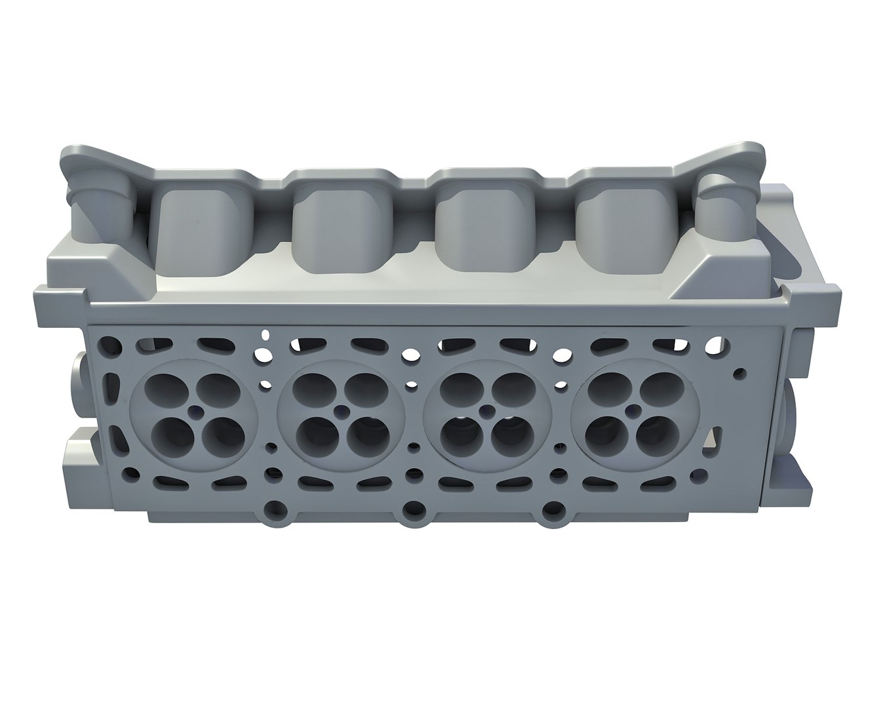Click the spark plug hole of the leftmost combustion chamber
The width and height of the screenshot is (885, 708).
[195, 414]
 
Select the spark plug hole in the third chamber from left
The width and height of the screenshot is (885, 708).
[488, 412]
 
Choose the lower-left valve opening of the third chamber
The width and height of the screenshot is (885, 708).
[458, 435]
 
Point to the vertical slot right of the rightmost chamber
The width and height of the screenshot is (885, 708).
[717, 441]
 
